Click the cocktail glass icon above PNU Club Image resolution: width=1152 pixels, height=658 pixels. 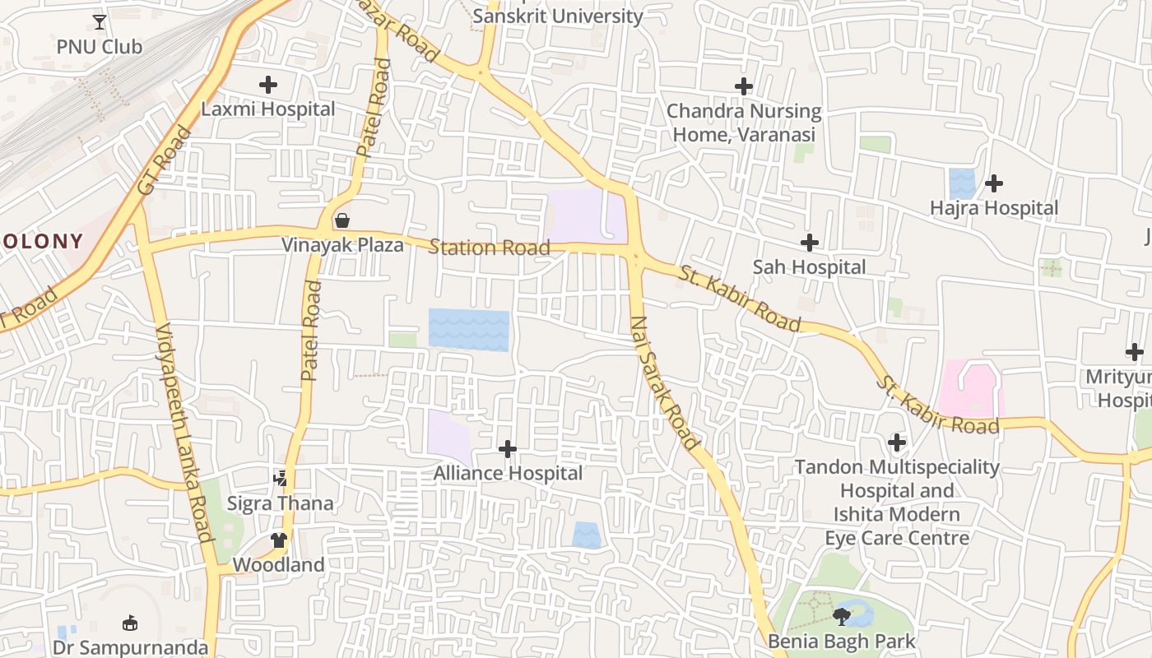click(x=100, y=21)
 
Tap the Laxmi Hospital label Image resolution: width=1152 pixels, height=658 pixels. click(x=268, y=109)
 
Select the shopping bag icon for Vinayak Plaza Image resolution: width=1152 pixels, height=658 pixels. click(x=342, y=220)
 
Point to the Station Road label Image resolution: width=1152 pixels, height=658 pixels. click(x=489, y=248)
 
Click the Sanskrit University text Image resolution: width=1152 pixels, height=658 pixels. click(x=558, y=16)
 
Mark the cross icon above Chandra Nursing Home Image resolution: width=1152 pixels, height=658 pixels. click(x=744, y=86)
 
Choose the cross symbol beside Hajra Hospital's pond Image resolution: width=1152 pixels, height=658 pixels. click(x=994, y=183)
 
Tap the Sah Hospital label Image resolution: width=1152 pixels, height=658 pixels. click(x=810, y=267)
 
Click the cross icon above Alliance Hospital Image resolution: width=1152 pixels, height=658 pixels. click(x=508, y=449)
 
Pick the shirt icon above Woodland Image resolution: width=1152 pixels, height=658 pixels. click(x=279, y=540)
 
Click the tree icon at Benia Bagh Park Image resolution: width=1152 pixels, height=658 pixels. click(x=841, y=617)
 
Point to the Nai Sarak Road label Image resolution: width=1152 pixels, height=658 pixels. click(x=665, y=382)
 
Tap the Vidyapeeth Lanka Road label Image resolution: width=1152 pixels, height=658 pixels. click(x=184, y=432)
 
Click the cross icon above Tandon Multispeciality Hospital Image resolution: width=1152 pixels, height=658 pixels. click(x=897, y=443)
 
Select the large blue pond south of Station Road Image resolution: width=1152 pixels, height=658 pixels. click(x=468, y=330)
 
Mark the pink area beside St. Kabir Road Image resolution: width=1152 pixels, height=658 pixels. click(x=971, y=388)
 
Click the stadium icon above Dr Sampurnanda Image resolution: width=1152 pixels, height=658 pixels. click(x=130, y=623)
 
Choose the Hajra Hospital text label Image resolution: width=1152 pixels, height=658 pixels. click(x=994, y=208)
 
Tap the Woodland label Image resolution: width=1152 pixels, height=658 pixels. click(x=278, y=565)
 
